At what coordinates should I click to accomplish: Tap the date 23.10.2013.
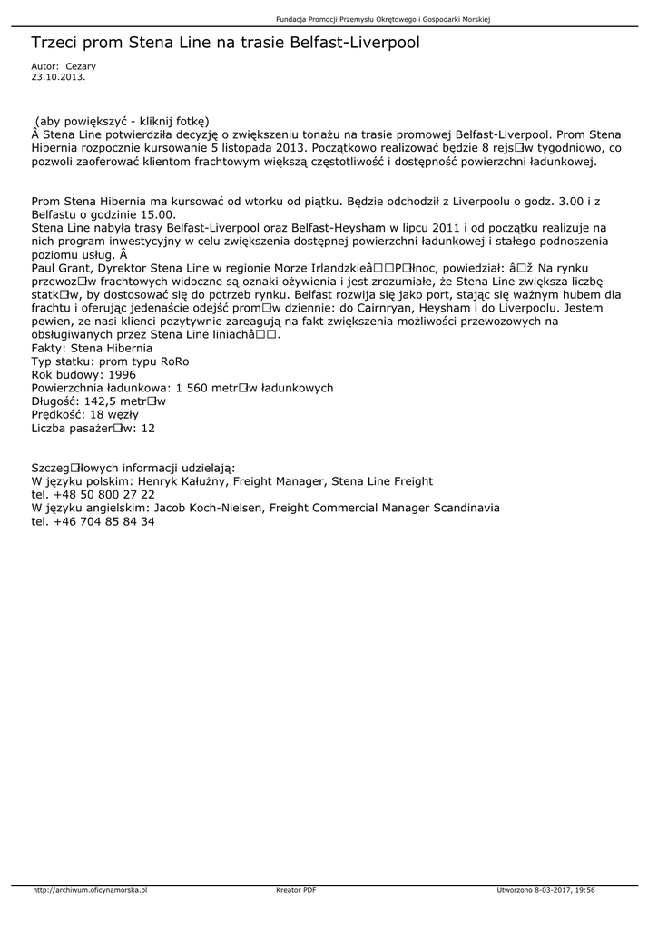pyautogui.click(x=58, y=77)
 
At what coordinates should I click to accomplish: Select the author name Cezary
pyautogui.click(x=81, y=66)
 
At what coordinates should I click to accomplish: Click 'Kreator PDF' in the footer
pyautogui.click(x=296, y=890)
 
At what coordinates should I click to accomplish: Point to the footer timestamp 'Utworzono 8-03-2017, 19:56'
pyautogui.click(x=546, y=890)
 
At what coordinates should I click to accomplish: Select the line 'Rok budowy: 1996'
pyautogui.click(x=83, y=374)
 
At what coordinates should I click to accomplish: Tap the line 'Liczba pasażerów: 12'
pyautogui.click(x=93, y=428)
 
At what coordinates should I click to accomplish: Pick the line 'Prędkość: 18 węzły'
pyautogui.click(x=84, y=414)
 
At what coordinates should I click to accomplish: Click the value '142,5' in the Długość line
pyautogui.click(x=102, y=401)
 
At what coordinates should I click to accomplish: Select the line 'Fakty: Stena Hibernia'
pyautogui.click(x=92, y=348)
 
